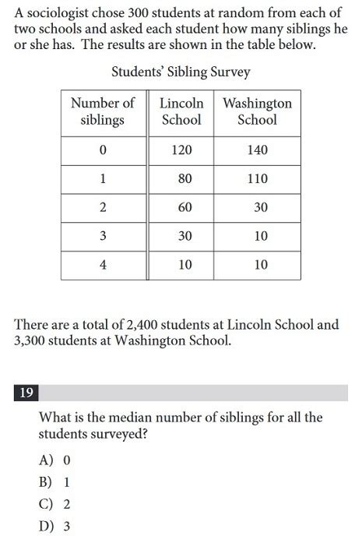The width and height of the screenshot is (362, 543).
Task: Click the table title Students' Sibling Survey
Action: [x=181, y=72]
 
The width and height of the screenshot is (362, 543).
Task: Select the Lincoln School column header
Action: [x=181, y=111]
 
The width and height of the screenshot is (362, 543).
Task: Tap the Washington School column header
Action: [x=257, y=111]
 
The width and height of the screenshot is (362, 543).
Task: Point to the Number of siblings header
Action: [x=103, y=111]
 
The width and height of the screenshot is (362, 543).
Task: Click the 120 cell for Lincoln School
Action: [x=181, y=150]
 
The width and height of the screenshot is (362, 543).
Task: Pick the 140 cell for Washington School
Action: [x=257, y=150]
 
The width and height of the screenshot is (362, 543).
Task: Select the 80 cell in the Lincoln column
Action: [x=185, y=179]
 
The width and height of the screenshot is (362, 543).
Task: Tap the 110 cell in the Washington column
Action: [x=257, y=179]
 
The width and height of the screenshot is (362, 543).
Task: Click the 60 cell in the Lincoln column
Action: [x=185, y=208]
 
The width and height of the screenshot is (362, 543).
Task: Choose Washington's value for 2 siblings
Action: [x=261, y=208]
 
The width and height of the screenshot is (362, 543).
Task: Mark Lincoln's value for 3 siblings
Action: [x=185, y=237]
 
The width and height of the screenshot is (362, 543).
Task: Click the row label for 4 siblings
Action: [x=103, y=265]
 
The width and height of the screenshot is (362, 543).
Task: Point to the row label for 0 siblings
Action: [x=103, y=150]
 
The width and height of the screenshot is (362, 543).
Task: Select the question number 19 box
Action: [x=25, y=393]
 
